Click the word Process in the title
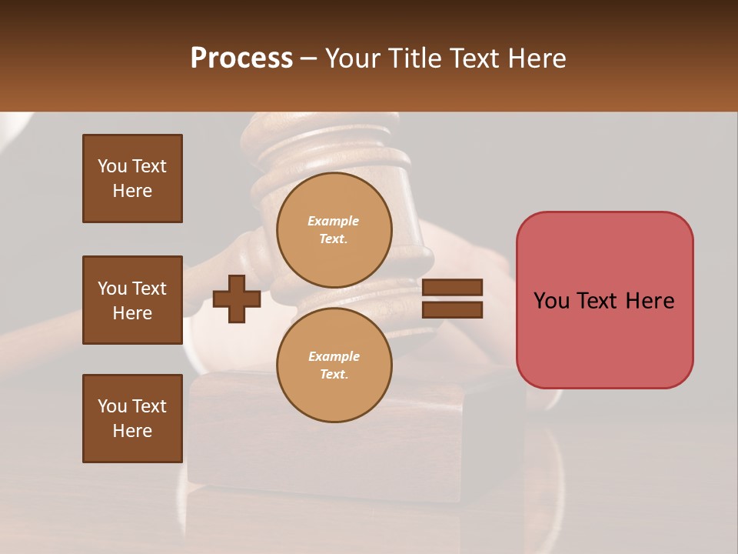pyautogui.click(x=241, y=58)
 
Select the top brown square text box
pyautogui.click(x=132, y=179)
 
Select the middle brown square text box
pyautogui.click(x=132, y=300)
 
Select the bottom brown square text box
pyautogui.click(x=132, y=419)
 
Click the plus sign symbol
pyautogui.click(x=237, y=299)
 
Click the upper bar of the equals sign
pyautogui.click(x=452, y=288)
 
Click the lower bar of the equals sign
pyautogui.click(x=452, y=310)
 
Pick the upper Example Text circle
pyautogui.click(x=334, y=230)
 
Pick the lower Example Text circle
pyautogui.click(x=334, y=365)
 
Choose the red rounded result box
pyautogui.click(x=604, y=300)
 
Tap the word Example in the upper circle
pyautogui.click(x=334, y=221)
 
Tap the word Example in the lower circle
pyautogui.click(x=334, y=356)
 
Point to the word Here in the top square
pyautogui.click(x=132, y=191)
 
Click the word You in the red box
pyautogui.click(x=551, y=301)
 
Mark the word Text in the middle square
pyautogui.click(x=148, y=289)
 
